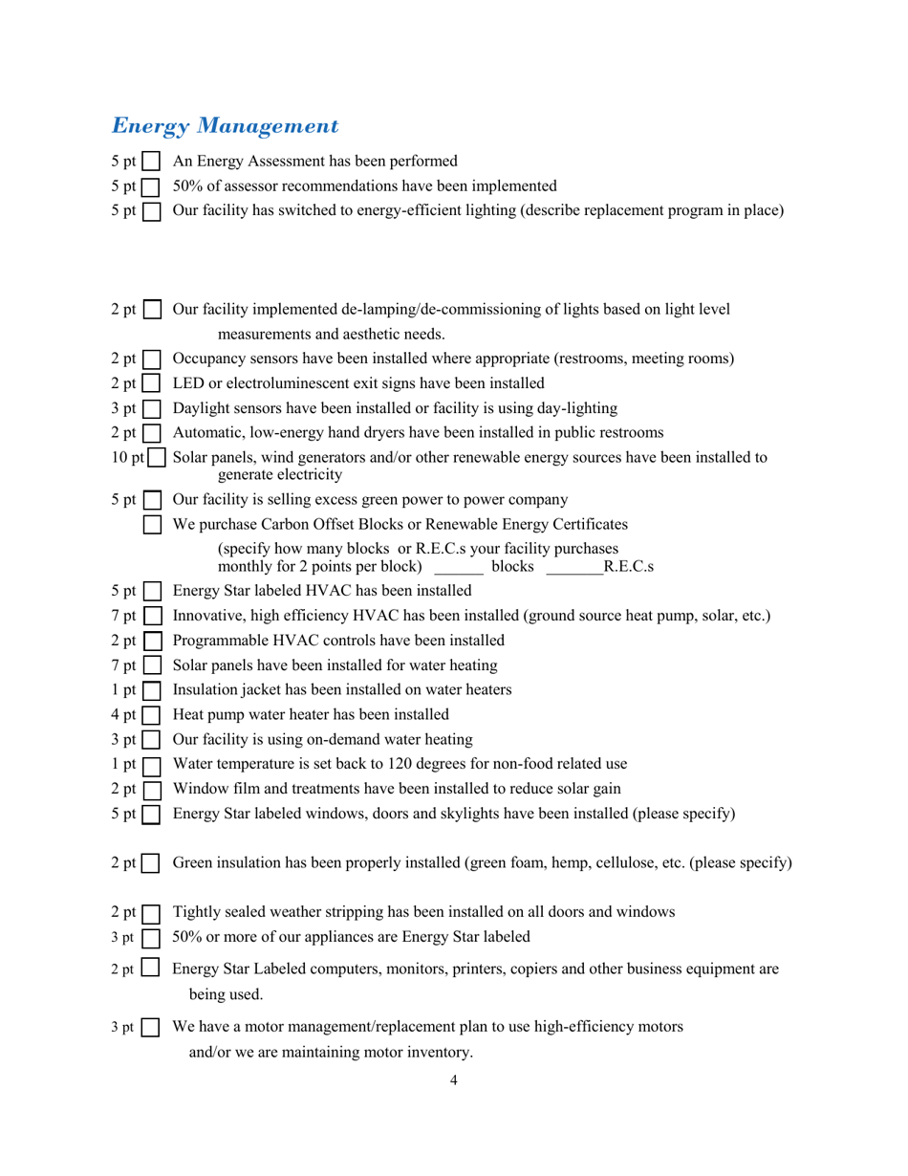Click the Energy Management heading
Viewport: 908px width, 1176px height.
(226, 125)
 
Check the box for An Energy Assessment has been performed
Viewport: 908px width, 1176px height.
(151, 162)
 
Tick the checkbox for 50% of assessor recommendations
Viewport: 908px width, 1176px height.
(151, 186)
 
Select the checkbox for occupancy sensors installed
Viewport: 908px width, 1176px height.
(151, 359)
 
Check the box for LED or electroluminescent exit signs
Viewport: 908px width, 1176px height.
(151, 384)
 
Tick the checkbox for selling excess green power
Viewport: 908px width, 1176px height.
(151, 500)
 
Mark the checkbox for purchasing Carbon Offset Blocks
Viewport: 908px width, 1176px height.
(151, 525)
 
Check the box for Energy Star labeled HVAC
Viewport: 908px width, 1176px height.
(151, 591)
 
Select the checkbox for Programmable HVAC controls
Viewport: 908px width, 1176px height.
(151, 641)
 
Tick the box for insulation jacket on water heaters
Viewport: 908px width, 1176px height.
(151, 689)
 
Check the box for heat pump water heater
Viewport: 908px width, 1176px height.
(151, 714)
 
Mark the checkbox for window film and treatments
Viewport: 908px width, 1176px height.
(151, 790)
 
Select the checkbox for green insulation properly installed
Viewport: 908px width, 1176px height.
(151, 864)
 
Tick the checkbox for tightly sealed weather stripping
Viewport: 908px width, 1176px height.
(151, 913)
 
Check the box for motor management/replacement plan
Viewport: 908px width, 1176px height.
(151, 1029)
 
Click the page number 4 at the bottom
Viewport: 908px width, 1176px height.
(453, 1081)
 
